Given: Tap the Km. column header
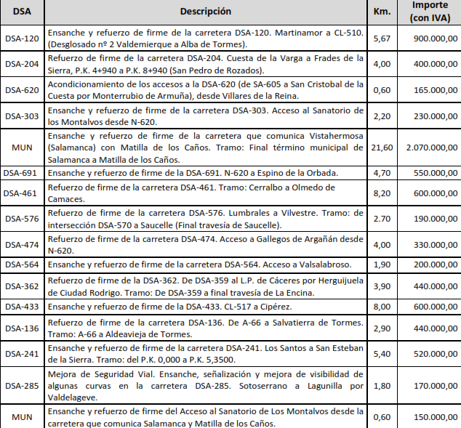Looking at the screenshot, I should (x=382, y=12).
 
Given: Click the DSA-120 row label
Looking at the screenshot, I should (x=22, y=38).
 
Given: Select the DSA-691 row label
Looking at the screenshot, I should (x=22, y=174).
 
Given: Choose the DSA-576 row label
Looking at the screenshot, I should (x=22, y=218).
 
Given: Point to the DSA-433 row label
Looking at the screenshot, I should (x=22, y=307).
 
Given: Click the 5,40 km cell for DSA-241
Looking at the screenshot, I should (x=382, y=354).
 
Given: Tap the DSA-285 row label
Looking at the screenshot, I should (x=22, y=385).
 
